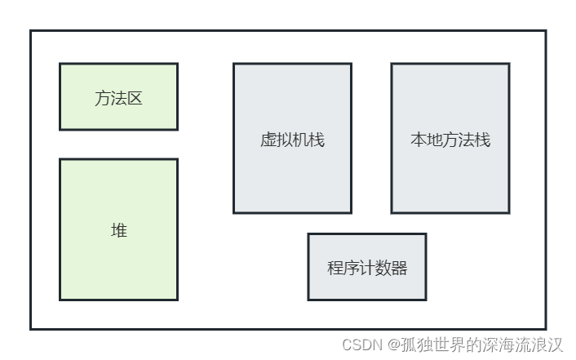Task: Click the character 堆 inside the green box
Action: click(x=119, y=230)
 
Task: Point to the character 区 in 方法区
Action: click(x=135, y=99)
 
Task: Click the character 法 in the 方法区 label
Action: click(x=118, y=99)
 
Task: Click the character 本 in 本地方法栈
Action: click(x=418, y=140)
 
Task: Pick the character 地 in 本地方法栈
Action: click(x=434, y=140)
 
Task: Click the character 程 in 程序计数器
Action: click(x=335, y=268)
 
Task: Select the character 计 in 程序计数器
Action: click(x=367, y=268)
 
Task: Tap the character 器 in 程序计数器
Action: click(x=399, y=268)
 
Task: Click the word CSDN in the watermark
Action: click(x=362, y=344)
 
